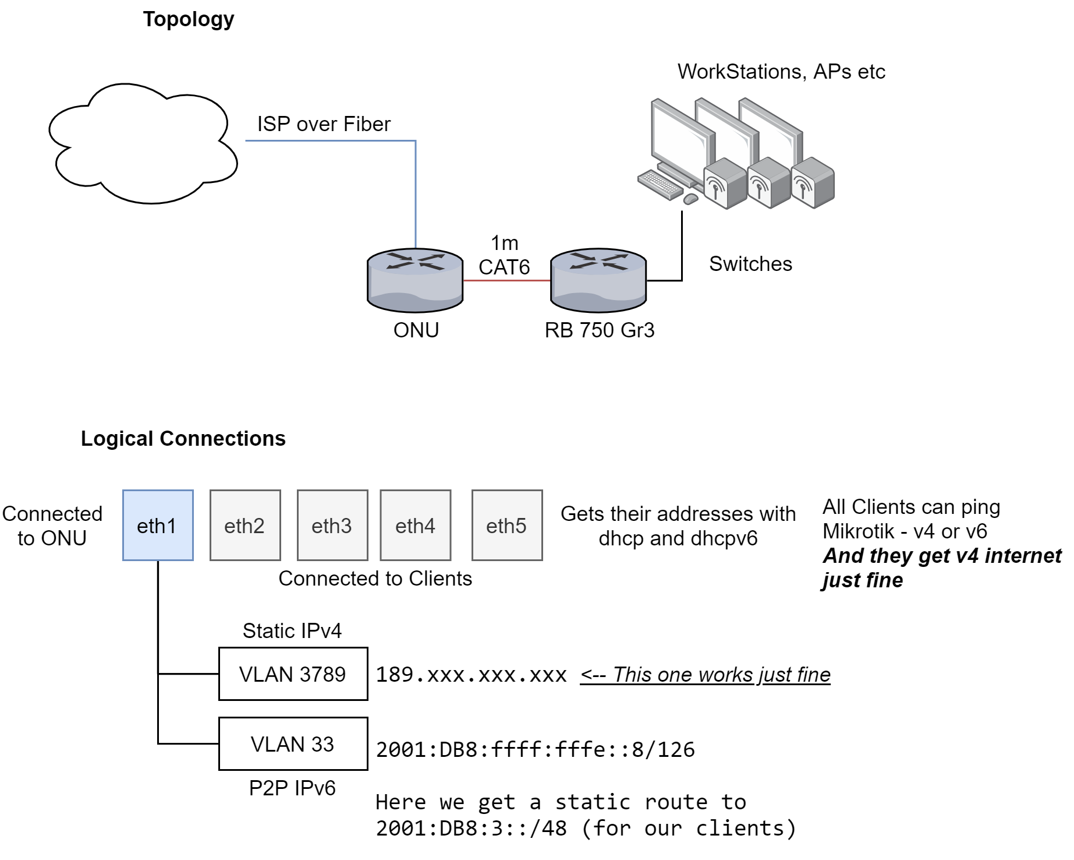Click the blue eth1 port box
click(x=158, y=525)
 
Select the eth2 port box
click(x=245, y=525)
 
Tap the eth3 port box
click(x=332, y=525)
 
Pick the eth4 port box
click(x=415, y=525)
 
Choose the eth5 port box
click(x=507, y=525)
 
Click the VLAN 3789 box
click(x=293, y=674)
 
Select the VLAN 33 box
click(x=293, y=743)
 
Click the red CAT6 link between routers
click(x=506, y=280)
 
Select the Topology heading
click(x=189, y=19)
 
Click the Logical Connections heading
click(x=183, y=438)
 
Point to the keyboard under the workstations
click(x=660, y=184)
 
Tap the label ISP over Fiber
click(x=324, y=124)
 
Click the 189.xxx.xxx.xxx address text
click(x=471, y=675)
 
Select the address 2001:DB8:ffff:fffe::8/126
click(x=535, y=749)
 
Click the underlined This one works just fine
click(x=705, y=675)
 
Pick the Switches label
click(x=750, y=264)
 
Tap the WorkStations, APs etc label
click(x=781, y=72)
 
